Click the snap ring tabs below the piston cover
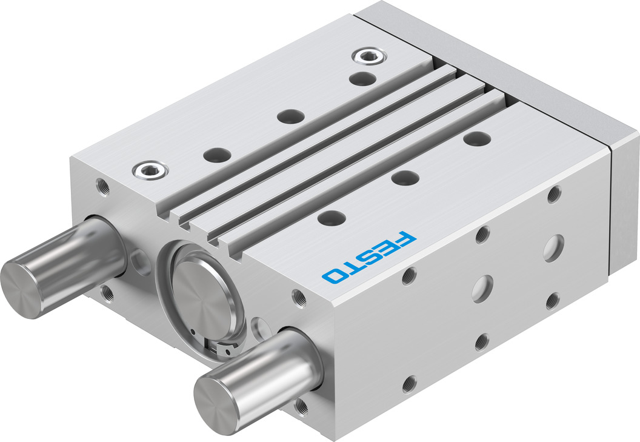pos(224,349)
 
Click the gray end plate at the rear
pos(624,200)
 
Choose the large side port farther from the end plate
pos(482,288)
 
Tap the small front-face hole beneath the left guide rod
pos(108,292)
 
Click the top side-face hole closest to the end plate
pos(553,195)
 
